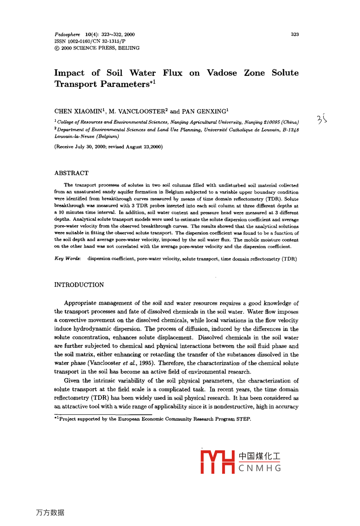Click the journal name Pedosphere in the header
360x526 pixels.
click(67, 35)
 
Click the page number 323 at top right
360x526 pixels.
click(295, 35)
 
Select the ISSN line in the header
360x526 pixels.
click(90, 41)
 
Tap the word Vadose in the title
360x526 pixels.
click(221, 73)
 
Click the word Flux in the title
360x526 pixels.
click(172, 73)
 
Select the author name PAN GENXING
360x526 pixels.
click(204, 112)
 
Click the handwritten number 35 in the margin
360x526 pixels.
click(321, 119)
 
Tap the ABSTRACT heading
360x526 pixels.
click(71, 173)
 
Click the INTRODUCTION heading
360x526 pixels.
click(79, 285)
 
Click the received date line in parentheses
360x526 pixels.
click(108, 147)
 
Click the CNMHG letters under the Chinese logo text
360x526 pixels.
click(260, 468)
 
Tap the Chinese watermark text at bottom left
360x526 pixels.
click(50, 512)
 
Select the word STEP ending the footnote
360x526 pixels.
click(243, 419)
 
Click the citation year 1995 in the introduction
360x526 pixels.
click(147, 363)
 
